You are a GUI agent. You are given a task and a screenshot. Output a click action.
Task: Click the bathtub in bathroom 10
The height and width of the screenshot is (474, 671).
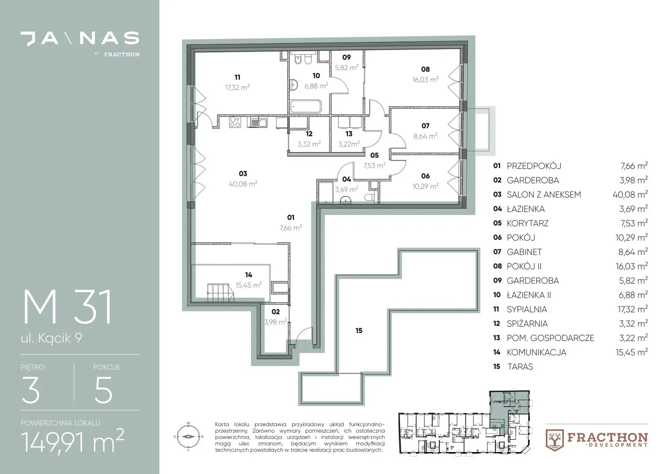click(x=306, y=106)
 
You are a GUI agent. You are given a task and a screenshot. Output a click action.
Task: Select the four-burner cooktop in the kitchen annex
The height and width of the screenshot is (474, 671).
click(x=234, y=122)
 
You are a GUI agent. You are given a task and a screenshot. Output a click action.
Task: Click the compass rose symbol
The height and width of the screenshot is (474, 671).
click(x=188, y=437)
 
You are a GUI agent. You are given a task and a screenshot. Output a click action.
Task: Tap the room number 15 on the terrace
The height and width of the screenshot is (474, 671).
click(x=359, y=330)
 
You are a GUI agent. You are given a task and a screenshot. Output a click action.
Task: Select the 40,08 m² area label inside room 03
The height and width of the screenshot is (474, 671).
click(x=243, y=184)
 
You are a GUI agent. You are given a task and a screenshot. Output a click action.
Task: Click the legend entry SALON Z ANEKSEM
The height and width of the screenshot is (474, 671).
click(x=544, y=194)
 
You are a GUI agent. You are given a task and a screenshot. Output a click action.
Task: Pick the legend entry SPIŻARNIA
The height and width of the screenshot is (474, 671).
click(x=527, y=324)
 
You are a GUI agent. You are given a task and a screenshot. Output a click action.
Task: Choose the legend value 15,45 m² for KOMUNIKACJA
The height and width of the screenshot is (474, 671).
click(x=632, y=352)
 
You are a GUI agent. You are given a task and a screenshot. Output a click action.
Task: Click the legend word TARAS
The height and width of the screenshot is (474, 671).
click(x=520, y=367)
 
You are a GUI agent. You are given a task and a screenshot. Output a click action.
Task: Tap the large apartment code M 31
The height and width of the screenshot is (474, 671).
click(x=68, y=307)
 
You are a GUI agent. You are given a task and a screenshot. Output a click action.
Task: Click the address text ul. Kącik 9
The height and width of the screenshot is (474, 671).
click(x=51, y=338)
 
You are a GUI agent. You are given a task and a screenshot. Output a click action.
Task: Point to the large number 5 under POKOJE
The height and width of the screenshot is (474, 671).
click(x=103, y=390)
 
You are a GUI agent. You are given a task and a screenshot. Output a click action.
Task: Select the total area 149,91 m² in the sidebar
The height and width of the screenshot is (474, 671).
click(x=72, y=441)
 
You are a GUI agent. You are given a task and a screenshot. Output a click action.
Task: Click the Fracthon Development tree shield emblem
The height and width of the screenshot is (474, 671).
click(x=555, y=440)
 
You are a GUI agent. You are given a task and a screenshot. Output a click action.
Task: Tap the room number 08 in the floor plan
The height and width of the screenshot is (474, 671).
click(x=426, y=69)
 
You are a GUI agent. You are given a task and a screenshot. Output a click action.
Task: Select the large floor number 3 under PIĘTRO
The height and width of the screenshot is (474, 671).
click(x=31, y=390)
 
